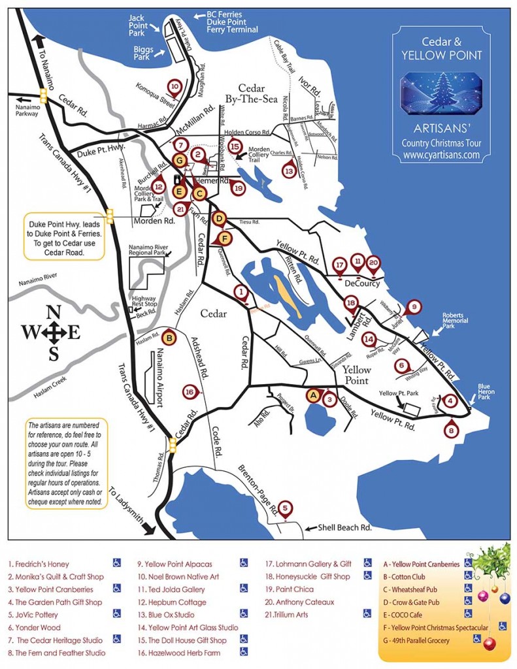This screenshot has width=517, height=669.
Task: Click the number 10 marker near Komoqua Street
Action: tap(175, 86)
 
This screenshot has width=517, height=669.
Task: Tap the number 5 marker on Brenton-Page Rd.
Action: tap(285, 507)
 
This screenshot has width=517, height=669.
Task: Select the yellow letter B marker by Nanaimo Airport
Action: tap(169, 338)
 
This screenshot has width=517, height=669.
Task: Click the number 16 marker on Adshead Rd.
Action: tap(189, 391)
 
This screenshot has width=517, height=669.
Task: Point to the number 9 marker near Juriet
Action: tap(413, 306)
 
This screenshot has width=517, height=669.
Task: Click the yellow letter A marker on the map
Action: tap(313, 395)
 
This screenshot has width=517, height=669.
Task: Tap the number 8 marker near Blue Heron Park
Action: tap(450, 431)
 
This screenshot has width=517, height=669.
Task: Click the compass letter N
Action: tap(54, 312)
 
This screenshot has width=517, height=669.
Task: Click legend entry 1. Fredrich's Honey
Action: tap(39, 564)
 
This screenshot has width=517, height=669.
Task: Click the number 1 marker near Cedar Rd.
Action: tap(241, 292)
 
